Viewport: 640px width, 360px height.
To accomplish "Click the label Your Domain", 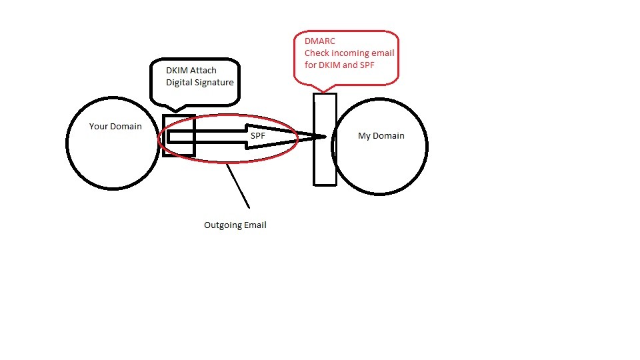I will (115, 126).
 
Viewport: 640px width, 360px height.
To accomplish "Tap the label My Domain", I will (381, 135).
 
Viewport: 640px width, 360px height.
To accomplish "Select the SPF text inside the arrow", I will (258, 135).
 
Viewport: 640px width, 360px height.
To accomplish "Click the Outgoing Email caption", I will (235, 225).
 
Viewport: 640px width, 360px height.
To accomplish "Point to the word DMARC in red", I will (320, 41).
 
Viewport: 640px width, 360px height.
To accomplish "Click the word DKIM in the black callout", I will (177, 70).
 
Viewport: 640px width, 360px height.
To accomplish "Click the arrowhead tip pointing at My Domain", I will (325, 137).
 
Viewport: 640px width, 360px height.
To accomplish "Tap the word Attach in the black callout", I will (203, 70).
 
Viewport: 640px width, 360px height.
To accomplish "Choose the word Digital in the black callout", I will (179, 82).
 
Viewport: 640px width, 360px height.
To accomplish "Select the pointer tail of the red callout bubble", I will (322, 87).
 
